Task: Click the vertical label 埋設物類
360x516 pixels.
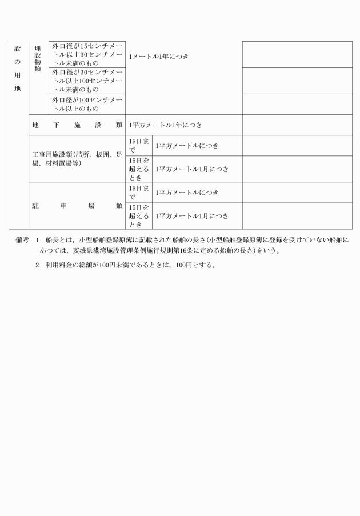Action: tap(38, 58)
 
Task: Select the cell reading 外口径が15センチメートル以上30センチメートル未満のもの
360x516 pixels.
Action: tap(87, 54)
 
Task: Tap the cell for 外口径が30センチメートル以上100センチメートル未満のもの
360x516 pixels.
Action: tap(87, 81)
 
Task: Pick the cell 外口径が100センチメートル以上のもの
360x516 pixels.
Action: tap(87, 104)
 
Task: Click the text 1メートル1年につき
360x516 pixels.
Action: tap(159, 57)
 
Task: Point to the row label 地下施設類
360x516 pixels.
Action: tap(77, 125)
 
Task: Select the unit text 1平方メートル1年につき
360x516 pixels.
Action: tap(165, 125)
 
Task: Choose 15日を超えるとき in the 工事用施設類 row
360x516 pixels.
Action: tap(138, 169)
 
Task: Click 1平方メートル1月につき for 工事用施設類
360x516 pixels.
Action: tap(192, 169)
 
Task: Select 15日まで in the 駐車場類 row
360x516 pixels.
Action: tap(138, 193)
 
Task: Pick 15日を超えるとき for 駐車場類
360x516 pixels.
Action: tap(138, 216)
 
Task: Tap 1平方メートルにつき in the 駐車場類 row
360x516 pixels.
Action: tap(187, 193)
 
